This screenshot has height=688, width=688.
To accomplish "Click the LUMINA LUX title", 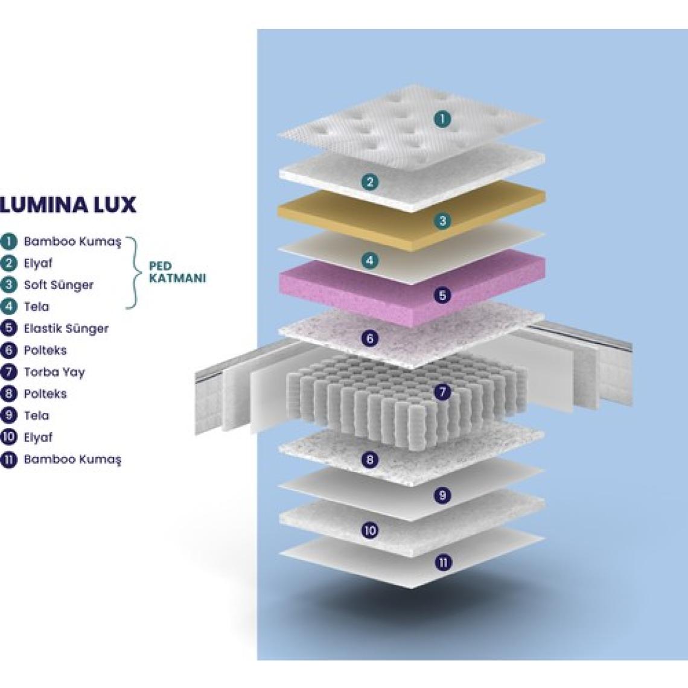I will (x=68, y=205).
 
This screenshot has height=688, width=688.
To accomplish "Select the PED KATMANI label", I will (x=177, y=272).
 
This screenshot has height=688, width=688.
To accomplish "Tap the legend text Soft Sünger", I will (x=59, y=285).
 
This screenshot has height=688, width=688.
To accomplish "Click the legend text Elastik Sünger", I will (x=66, y=329).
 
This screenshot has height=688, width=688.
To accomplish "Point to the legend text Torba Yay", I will (x=54, y=372).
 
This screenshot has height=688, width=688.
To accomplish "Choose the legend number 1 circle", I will (x=9, y=241).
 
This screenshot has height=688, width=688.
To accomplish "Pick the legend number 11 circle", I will (x=9, y=459).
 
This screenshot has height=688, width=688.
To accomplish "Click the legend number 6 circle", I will (x=9, y=351).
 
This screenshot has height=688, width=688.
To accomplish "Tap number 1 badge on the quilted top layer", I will (x=442, y=119).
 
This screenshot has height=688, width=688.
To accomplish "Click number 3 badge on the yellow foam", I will (x=442, y=221).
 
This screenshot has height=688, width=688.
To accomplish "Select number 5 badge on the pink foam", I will (x=442, y=295).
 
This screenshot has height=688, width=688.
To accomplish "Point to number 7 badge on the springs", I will (x=442, y=392).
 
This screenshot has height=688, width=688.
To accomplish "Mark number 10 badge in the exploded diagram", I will (x=370, y=530).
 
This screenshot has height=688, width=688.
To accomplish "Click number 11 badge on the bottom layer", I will (x=444, y=562).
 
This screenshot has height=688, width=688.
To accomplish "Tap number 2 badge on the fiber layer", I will (x=370, y=182).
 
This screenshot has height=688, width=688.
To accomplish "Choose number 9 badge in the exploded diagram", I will (x=442, y=495).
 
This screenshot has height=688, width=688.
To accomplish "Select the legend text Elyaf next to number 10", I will (x=38, y=438).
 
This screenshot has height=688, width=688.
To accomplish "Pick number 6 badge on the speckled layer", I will (x=370, y=339).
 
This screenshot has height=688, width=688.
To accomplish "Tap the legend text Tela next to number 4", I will (x=36, y=307).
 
